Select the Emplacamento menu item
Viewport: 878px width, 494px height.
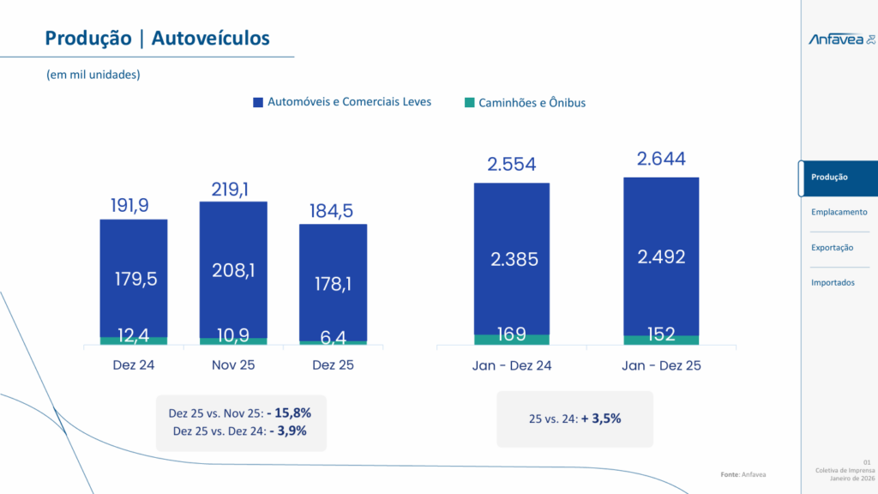tap(839, 212)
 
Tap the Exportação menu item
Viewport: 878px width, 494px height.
tap(832, 247)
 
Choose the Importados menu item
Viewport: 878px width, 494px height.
tap(833, 282)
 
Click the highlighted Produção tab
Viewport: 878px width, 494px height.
tap(829, 177)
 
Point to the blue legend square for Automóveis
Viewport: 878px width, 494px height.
tap(258, 102)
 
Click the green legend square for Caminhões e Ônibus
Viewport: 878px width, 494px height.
tap(469, 103)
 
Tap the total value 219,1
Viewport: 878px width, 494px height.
tap(233, 189)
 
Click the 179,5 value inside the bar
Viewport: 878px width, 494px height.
tap(135, 279)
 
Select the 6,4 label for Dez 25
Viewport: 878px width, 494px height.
tap(333, 338)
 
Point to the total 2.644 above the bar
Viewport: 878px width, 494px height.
tap(661, 160)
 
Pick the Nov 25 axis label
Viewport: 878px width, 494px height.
tap(233, 365)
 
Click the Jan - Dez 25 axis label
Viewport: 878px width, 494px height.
tap(661, 365)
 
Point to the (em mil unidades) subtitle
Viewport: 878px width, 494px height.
tap(93, 75)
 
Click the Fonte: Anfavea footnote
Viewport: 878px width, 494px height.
tap(743, 474)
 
